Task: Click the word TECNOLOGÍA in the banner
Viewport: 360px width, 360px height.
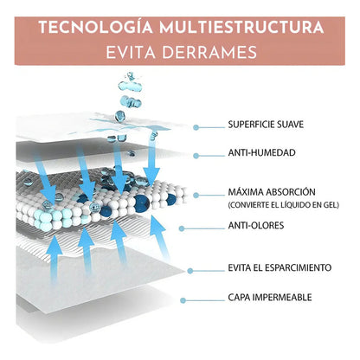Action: [96, 27]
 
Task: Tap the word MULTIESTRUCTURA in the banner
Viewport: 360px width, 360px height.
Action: [241, 28]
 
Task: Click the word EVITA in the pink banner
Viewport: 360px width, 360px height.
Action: [131, 53]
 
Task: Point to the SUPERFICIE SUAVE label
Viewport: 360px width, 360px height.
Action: [266, 125]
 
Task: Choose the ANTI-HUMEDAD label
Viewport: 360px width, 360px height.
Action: [261, 152]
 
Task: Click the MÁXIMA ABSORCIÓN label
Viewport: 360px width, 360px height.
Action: [272, 192]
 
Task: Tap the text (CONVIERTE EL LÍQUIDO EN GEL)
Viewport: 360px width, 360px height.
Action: [284, 205]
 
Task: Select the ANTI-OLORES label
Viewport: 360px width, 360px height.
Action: [256, 225]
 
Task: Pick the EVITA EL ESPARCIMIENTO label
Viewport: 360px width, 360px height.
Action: [280, 267]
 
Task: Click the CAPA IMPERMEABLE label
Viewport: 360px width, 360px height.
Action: [270, 298]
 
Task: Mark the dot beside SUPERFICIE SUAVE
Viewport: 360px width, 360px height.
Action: [196, 127]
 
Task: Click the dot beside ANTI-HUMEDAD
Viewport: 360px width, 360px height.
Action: [196, 156]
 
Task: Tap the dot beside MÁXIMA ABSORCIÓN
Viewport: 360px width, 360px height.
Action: [196, 196]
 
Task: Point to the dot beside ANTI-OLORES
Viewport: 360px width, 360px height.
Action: [182, 228]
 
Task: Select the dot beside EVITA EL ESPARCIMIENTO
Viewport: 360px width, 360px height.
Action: [190, 271]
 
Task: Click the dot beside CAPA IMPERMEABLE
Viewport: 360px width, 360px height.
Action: [183, 300]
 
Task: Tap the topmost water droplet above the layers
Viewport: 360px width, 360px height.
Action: [131, 75]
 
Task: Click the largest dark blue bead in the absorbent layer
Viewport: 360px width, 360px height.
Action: [141, 202]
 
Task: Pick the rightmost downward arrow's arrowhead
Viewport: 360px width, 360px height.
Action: [151, 175]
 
